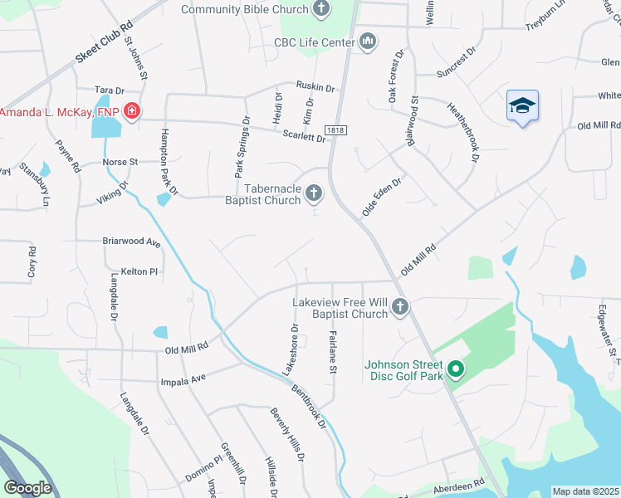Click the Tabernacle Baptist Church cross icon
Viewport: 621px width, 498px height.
click(x=313, y=194)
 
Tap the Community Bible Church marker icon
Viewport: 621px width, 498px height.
click(x=322, y=10)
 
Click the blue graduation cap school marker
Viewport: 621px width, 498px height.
click(x=522, y=106)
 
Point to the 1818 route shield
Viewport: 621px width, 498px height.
click(x=335, y=130)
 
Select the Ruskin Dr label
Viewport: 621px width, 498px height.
click(x=315, y=86)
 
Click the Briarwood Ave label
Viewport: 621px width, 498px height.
click(x=130, y=242)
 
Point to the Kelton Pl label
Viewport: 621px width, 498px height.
click(x=139, y=271)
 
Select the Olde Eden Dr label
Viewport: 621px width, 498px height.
click(x=381, y=197)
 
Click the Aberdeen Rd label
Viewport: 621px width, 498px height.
click(x=457, y=485)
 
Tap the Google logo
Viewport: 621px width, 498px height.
click(x=28, y=487)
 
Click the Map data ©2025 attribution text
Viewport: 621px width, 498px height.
click(x=585, y=491)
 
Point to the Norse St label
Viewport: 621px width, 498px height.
click(x=120, y=162)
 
